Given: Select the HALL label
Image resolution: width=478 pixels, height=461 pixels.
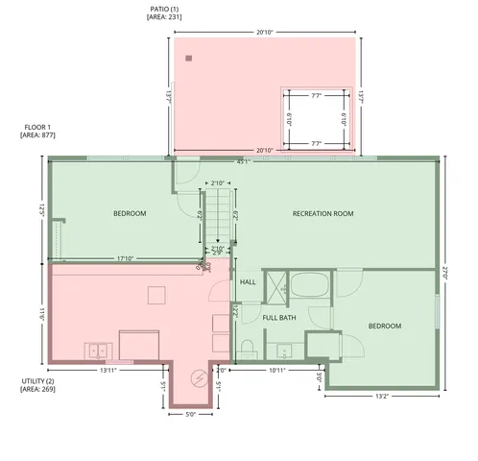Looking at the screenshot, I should coord(248,282).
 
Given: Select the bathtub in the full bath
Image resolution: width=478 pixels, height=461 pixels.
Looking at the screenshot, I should coord(309,285).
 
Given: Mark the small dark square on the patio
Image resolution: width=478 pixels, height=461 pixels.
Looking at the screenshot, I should coord(189,59).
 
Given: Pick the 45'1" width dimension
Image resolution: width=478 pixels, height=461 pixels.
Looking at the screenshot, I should coord(243,161).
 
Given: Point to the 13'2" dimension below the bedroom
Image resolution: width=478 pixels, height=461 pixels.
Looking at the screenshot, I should coord(380,396).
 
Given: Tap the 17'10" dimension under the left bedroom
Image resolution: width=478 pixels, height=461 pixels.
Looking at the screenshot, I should coord(125,257).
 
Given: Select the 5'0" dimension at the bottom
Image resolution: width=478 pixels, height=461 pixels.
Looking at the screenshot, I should coord(190,415).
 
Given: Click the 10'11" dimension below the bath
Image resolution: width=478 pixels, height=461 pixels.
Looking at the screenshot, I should coord(278,370).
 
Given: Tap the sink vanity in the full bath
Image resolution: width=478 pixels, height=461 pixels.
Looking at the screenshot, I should coord(284,349).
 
